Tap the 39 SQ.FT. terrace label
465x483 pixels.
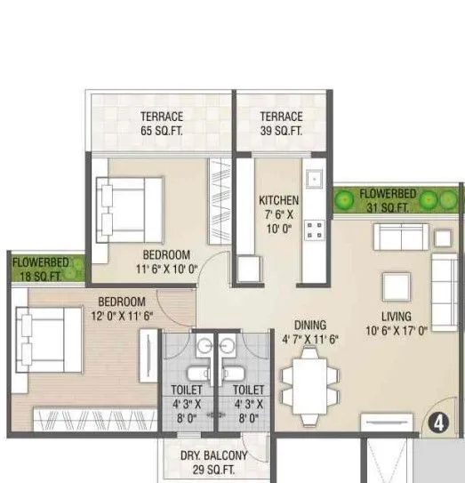(x=281, y=124)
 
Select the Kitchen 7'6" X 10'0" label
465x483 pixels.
(x=278, y=213)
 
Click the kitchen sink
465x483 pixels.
(x=315, y=179)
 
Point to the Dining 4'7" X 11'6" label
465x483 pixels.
(x=311, y=332)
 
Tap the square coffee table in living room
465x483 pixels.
(x=394, y=286)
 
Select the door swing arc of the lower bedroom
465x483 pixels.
(x=169, y=302)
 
